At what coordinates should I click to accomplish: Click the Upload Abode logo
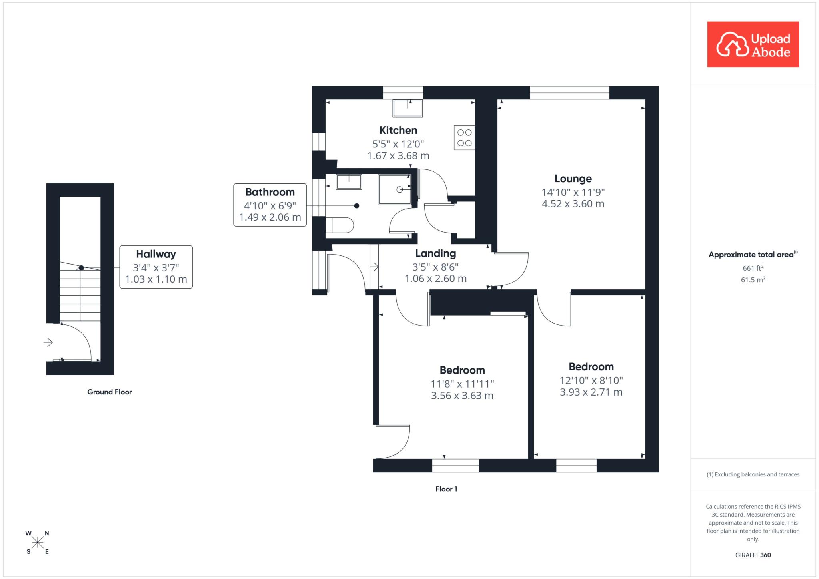(x=753, y=44)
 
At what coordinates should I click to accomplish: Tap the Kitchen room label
(x=398, y=130)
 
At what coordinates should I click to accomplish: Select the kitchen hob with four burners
(x=464, y=138)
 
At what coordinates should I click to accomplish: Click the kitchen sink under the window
(x=408, y=108)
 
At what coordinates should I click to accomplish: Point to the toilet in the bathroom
(x=340, y=225)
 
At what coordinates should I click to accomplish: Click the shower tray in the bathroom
(x=395, y=189)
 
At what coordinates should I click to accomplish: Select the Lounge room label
(x=573, y=179)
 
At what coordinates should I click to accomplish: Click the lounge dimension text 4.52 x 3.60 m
(x=573, y=204)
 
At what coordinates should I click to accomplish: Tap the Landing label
(x=435, y=253)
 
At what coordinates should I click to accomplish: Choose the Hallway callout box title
(x=156, y=254)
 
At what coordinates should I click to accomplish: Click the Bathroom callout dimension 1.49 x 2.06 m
(x=270, y=217)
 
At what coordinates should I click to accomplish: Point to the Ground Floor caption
(x=110, y=392)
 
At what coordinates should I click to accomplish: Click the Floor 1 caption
(x=446, y=489)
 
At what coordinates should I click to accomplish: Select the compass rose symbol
(x=38, y=542)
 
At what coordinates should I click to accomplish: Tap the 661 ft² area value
(x=753, y=268)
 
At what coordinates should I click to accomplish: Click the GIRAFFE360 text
(x=753, y=555)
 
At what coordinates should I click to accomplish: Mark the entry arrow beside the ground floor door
(x=48, y=342)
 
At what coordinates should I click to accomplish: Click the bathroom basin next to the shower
(x=349, y=182)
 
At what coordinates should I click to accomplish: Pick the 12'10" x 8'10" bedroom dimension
(x=591, y=380)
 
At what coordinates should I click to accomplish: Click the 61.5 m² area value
(x=753, y=280)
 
